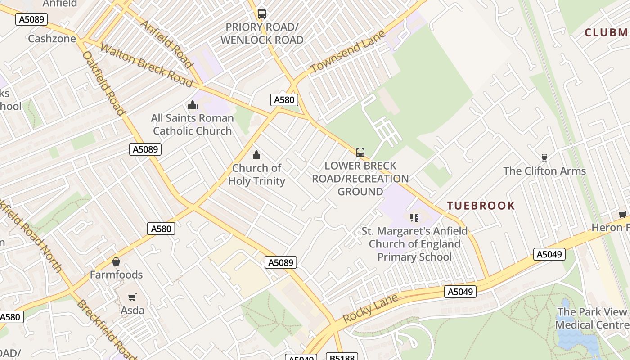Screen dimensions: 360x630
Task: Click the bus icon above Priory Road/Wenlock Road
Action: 262,14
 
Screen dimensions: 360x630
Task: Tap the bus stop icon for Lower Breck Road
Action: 360,153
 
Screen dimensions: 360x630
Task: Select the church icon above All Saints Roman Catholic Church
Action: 193,105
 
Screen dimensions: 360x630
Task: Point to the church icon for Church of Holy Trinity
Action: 256,155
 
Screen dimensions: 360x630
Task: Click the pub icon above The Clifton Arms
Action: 544,157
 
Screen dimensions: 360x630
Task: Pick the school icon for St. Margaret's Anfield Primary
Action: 414,218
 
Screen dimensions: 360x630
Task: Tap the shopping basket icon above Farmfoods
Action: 116,261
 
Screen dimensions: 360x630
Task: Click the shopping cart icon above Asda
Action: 132,297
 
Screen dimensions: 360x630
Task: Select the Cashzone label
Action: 52,39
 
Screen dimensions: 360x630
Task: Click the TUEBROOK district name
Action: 481,206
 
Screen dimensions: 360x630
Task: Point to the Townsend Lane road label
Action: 348,52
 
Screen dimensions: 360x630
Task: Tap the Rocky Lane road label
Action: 370,308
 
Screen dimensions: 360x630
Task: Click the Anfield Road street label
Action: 167,42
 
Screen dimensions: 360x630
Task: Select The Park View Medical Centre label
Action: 592,318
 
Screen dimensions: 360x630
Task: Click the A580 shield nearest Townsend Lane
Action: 284,100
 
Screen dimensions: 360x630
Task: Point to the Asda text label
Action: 133,310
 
